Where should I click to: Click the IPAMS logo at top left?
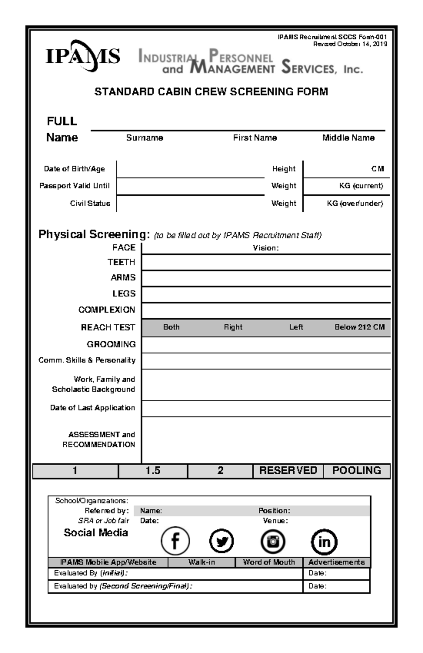[x=83, y=56]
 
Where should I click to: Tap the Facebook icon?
[x=175, y=541]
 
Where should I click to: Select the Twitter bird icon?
[x=221, y=541]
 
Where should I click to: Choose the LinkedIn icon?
[x=324, y=542]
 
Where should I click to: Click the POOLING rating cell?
[x=356, y=471]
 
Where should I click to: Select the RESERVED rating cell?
[x=288, y=471]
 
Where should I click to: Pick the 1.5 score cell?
[x=153, y=471]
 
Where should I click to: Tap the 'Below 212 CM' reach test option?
[x=359, y=327]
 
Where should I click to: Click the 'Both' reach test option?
[x=171, y=327]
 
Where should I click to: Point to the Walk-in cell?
[x=201, y=562]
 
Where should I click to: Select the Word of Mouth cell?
[x=269, y=562]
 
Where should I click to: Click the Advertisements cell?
[x=336, y=562]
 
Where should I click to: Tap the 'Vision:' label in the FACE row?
[x=265, y=248]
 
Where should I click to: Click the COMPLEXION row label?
[x=106, y=310]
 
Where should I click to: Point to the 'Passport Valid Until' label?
[x=74, y=186]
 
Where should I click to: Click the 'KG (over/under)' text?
[x=355, y=203]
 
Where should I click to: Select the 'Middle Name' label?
[x=348, y=138]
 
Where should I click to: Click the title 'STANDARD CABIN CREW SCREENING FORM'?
[x=211, y=92]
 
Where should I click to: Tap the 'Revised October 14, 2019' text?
[x=350, y=44]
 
